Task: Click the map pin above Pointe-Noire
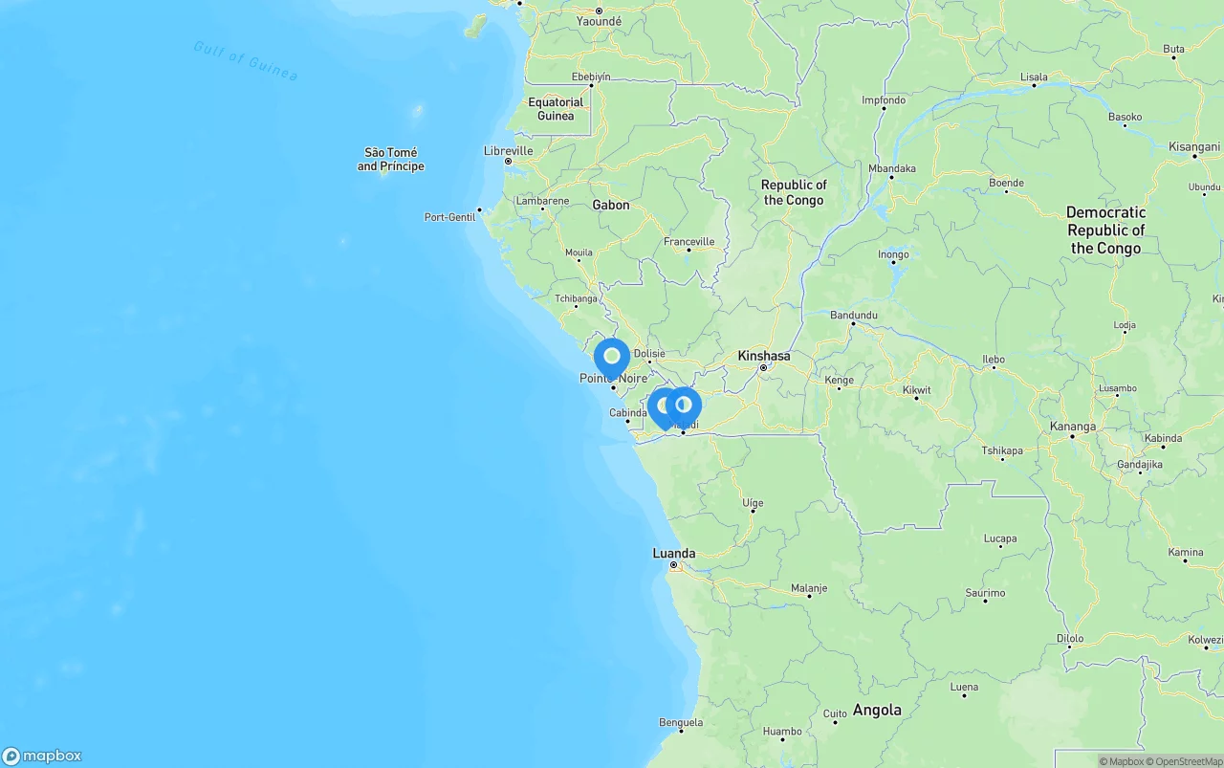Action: [612, 358]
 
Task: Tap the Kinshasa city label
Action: [764, 356]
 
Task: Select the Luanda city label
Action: [674, 553]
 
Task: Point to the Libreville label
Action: [508, 150]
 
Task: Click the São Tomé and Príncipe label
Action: [390, 159]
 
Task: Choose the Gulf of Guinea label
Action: [245, 60]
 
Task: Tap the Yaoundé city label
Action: [599, 21]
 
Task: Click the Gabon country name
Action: [611, 205]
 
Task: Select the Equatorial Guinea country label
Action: [556, 109]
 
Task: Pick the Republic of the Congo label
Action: [794, 192]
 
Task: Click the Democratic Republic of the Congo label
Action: [1105, 230]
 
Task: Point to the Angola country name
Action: [877, 710]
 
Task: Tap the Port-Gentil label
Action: [449, 217]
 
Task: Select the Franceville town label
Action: [688, 241]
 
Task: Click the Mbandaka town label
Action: [891, 168]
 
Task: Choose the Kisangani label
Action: [1194, 146]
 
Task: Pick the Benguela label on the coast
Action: [681, 722]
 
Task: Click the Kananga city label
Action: [1073, 427]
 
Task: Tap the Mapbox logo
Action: [42, 756]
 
